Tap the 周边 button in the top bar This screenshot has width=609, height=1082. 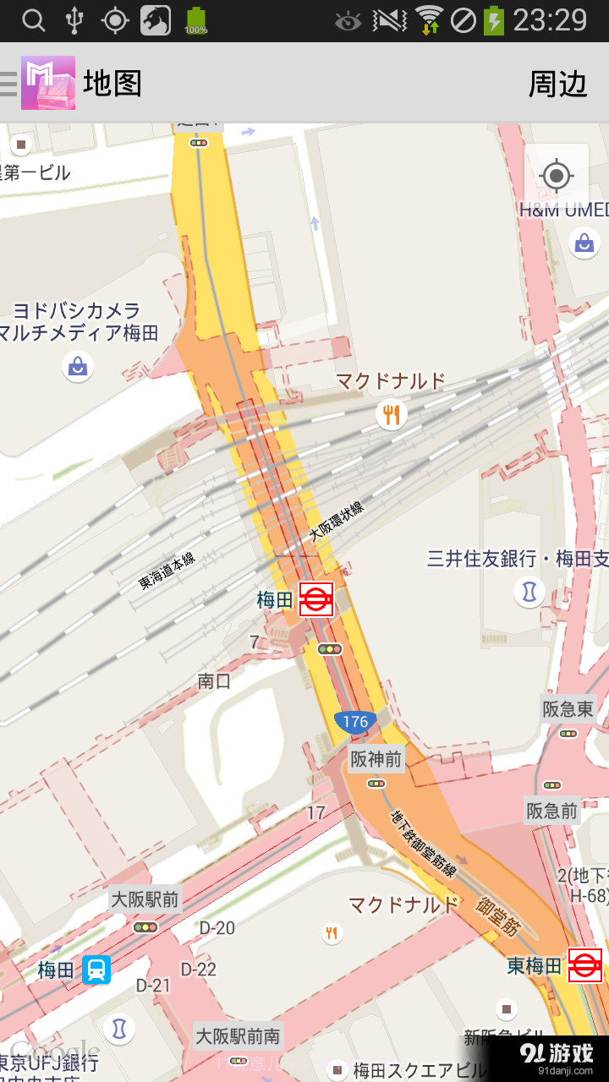(557, 84)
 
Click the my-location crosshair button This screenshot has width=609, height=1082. (557, 176)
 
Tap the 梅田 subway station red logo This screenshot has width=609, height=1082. (316, 599)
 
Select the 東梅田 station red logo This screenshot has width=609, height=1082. (584, 965)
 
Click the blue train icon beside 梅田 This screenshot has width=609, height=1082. (97, 970)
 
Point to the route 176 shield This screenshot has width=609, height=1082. (355, 721)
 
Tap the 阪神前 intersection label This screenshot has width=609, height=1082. (376, 759)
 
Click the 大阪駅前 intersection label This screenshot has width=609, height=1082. (145, 899)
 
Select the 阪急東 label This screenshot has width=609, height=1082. (568, 709)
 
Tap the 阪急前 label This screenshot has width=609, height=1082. (552, 811)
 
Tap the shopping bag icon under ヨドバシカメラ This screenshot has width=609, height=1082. (78, 366)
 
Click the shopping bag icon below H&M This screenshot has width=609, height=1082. (584, 244)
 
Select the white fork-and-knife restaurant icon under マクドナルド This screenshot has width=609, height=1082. (391, 414)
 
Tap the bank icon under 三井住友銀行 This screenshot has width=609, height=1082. (529, 592)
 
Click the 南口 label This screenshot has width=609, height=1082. (214, 680)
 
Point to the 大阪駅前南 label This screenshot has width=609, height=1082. (238, 1036)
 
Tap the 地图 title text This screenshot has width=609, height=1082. (112, 84)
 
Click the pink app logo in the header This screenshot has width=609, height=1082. (48, 83)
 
